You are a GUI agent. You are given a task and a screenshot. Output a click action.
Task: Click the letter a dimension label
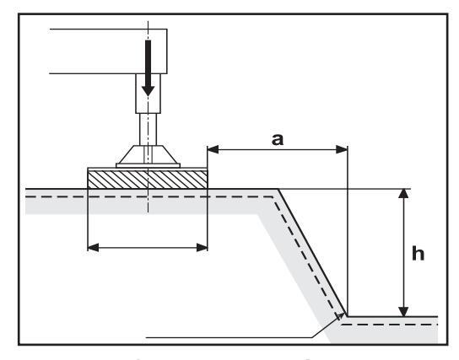pos(278,139)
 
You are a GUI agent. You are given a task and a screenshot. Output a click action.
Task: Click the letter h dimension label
pos(418,253)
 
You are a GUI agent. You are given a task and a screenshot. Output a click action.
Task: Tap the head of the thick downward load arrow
pos(148,91)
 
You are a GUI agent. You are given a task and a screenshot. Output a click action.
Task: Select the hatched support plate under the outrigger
pos(148,180)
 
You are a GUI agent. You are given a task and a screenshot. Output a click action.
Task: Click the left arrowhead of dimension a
pos(213,149)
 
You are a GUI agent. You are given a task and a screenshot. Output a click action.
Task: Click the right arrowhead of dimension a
pos(342,149)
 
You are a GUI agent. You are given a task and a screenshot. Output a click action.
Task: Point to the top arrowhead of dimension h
pos(403,194)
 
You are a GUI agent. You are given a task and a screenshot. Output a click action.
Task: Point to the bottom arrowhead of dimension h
pos(403,311)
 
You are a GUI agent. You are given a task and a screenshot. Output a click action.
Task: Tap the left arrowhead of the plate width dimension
pos(94,248)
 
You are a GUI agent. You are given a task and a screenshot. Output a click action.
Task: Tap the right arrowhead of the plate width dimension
pos(202,248)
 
